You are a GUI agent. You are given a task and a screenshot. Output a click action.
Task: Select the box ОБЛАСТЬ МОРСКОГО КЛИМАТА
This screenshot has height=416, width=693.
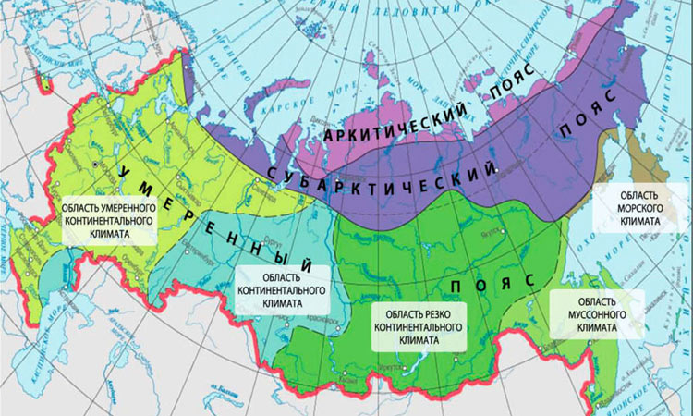pyautogui.click(x=638, y=209)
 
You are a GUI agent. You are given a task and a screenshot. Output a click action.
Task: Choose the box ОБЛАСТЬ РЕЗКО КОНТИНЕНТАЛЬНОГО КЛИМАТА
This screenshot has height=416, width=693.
pyautogui.click(x=419, y=326)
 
